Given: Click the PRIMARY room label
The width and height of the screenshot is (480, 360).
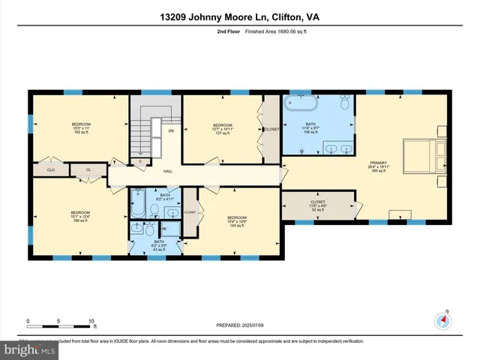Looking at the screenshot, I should pos(379,163).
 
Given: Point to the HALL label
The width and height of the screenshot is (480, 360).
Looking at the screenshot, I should pos(169,172).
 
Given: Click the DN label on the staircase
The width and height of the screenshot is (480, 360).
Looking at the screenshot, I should pos(171,131).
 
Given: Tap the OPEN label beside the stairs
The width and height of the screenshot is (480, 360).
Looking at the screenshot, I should pos(156,138).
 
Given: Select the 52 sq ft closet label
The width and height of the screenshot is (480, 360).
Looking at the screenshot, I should pos(318,205).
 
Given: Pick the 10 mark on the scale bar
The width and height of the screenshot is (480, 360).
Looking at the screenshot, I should pos(91,321).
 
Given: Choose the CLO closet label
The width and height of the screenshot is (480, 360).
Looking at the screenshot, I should pos(51,170).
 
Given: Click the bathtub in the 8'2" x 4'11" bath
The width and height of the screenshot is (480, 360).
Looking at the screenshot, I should pos(140,201).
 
